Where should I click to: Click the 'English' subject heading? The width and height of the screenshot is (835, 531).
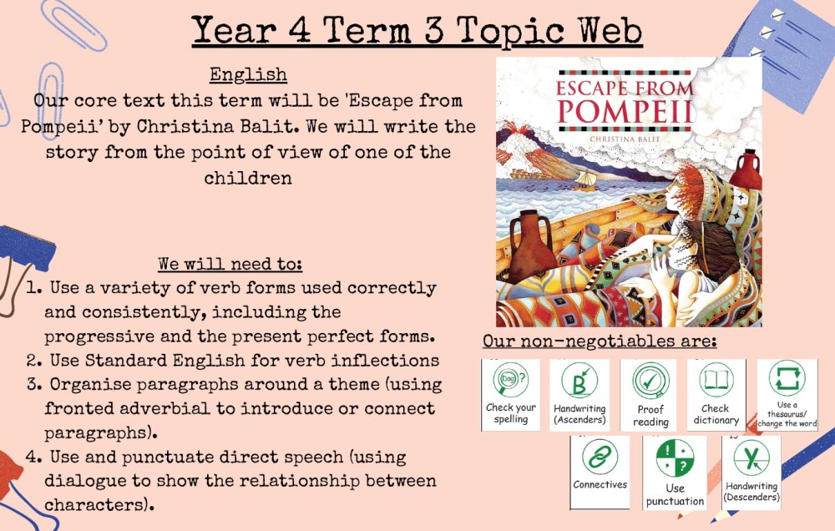tap(248, 74)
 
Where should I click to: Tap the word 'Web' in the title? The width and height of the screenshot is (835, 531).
tap(610, 30)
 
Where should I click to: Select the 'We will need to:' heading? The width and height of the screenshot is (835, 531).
tap(230, 264)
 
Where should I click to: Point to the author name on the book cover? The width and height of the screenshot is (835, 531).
tap(625, 139)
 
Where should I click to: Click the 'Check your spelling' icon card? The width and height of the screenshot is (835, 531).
tap(510, 395)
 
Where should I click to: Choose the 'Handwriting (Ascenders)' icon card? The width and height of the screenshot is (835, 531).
tap(579, 395)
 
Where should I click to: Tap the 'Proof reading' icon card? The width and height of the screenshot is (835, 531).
tap(650, 395)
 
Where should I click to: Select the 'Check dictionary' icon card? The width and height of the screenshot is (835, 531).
tap(716, 395)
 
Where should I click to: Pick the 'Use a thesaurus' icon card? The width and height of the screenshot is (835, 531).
tap(787, 395)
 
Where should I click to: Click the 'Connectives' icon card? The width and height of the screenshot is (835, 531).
tap(600, 473)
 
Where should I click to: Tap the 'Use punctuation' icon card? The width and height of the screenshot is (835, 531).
tap(675, 473)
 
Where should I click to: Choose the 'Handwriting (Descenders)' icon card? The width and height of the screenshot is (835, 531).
tap(751, 473)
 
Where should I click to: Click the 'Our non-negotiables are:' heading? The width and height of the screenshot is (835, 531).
tap(600, 341)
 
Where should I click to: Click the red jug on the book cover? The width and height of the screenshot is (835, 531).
tap(746, 170)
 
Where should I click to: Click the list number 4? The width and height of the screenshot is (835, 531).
tap(33, 457)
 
